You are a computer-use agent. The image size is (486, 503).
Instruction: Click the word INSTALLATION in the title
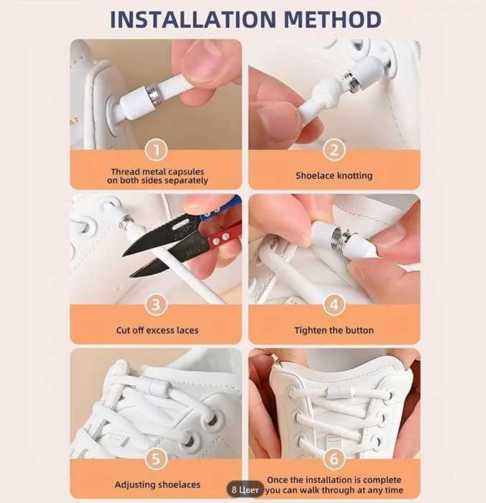point(193,19)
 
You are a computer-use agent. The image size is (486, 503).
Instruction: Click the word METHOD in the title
point(333,19)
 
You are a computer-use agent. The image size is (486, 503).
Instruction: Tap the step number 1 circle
point(156,149)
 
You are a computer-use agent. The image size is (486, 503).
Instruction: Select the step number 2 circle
point(334,149)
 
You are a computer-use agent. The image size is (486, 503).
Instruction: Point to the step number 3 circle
point(156,305)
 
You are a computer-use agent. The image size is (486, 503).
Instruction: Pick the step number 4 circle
point(334,305)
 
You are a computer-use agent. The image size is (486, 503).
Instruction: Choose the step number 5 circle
point(156,459)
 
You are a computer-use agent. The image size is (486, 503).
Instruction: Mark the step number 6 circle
point(334,459)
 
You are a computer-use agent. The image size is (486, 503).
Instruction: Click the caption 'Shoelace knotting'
point(334,176)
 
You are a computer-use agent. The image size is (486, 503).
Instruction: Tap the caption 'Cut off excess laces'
point(157,331)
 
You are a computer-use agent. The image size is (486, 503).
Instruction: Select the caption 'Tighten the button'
point(334,331)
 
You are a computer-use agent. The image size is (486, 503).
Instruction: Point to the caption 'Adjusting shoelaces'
point(157,485)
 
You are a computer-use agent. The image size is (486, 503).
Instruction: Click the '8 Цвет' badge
point(245,490)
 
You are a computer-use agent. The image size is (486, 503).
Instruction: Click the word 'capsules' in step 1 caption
point(186,172)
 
